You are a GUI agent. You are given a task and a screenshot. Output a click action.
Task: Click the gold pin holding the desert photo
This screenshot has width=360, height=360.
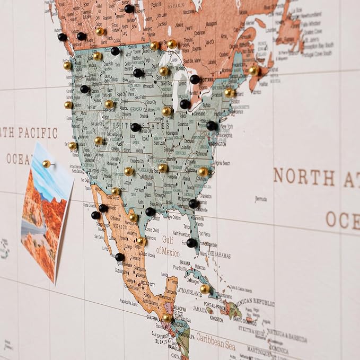coord(47,164)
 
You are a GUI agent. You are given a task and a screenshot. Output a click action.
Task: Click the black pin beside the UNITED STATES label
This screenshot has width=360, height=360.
coord(136,127)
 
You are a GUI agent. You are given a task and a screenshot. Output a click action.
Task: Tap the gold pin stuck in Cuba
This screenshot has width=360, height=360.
coord(205,289)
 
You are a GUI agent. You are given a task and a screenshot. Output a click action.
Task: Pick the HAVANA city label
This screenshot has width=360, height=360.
coord(185,263)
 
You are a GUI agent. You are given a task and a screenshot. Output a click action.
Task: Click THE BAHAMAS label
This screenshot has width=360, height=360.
coord(219,255)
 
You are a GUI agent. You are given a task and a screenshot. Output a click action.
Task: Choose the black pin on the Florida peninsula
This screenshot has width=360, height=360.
coord(191,243)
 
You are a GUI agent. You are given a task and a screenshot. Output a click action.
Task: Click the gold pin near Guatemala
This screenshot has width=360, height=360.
coord(167,318)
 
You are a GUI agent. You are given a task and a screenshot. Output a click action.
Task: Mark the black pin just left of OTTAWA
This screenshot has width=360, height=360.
coord(195,80)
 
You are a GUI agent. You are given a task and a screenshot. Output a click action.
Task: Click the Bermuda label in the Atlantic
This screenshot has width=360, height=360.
coord(261,199)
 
